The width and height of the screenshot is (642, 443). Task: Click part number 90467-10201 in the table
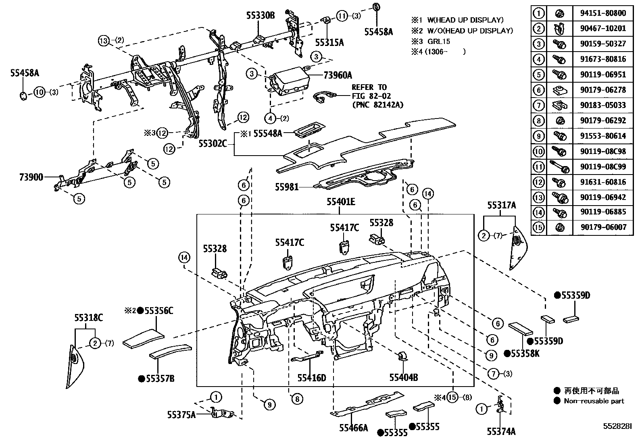(603, 28)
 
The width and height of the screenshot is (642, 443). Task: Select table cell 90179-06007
(603, 227)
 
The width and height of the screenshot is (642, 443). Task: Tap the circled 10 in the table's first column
(538, 151)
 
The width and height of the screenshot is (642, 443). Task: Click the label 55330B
(260, 16)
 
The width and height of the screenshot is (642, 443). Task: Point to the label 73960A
(338, 75)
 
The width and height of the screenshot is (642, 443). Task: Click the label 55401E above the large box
(341, 202)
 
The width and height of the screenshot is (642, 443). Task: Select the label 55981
(287, 187)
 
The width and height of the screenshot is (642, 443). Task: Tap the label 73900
(31, 177)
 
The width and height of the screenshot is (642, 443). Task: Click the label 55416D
(311, 378)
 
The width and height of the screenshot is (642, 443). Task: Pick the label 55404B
(403, 378)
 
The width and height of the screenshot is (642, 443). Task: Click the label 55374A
(501, 432)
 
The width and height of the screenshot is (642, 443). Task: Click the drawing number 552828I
(617, 426)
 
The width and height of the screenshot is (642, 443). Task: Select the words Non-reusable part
(594, 401)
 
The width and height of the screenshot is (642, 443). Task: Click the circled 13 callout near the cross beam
(103, 40)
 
